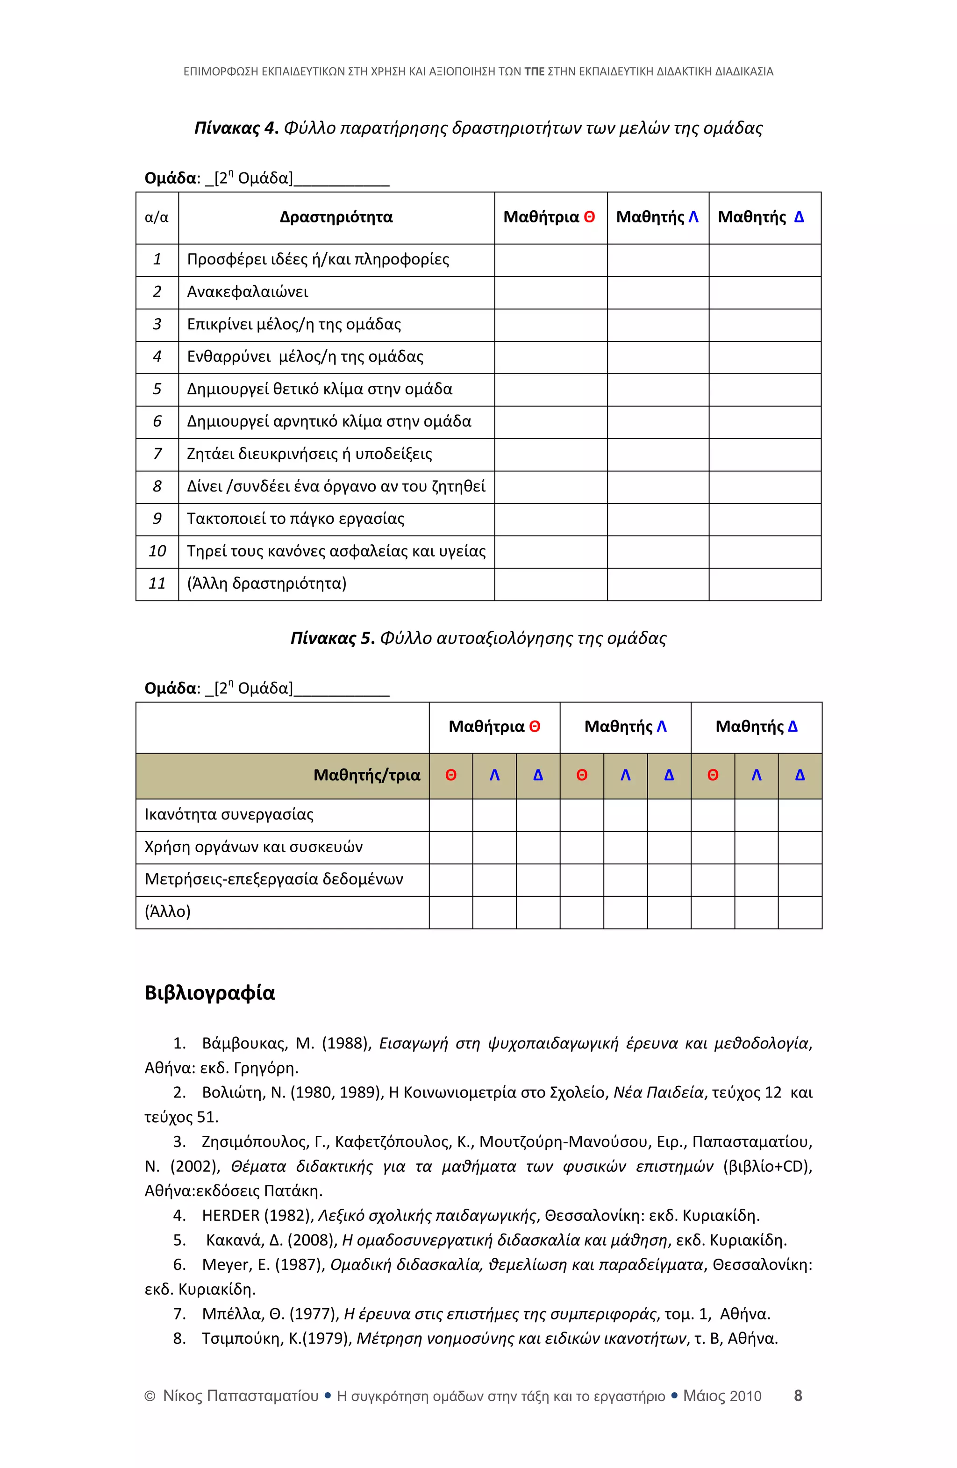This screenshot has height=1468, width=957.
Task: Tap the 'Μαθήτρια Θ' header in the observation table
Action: click(x=549, y=217)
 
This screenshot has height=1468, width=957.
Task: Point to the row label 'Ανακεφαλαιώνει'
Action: click(x=247, y=292)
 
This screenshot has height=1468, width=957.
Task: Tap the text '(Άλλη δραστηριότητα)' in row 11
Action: click(x=266, y=584)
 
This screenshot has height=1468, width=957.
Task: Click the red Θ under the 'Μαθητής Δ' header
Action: click(x=712, y=775)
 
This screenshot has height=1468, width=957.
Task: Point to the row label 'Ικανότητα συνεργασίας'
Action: click(x=229, y=814)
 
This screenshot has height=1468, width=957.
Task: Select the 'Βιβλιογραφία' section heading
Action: click(x=209, y=993)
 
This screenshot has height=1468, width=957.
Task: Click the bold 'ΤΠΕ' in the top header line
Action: click(x=534, y=71)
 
